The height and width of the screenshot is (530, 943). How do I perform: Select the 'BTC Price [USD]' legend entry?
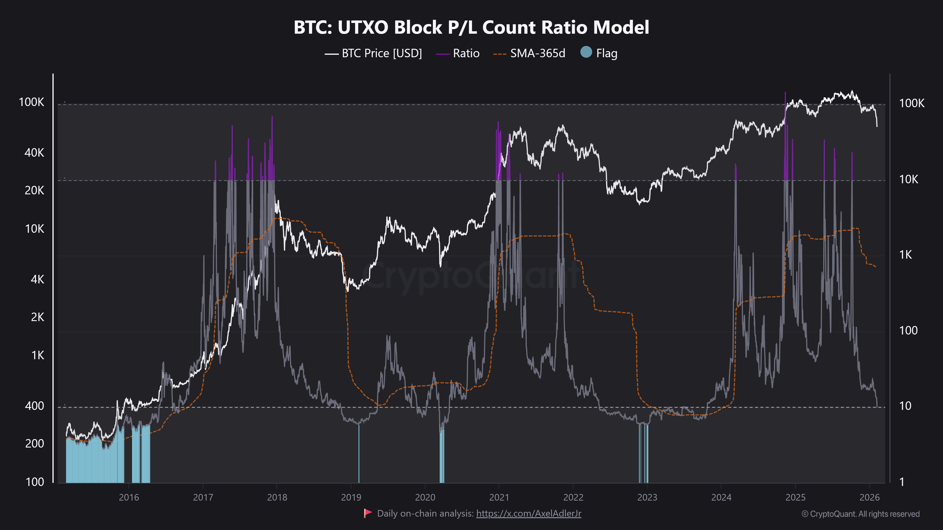click(381, 53)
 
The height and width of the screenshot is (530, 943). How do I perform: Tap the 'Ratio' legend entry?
click(466, 53)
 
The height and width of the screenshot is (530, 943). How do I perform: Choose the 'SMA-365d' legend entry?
click(537, 53)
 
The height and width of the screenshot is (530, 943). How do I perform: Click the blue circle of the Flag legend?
click(586, 52)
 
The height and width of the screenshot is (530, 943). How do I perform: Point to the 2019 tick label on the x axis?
click(351, 497)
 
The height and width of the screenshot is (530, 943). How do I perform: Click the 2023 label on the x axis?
click(647, 497)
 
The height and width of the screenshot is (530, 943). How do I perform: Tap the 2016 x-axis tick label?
click(129, 497)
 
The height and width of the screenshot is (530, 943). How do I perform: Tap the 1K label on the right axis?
click(906, 255)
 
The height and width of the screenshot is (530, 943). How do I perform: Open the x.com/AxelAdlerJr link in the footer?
click(528, 514)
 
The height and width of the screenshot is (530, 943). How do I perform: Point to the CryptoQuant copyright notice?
click(860, 514)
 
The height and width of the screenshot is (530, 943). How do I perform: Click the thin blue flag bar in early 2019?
click(359, 453)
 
